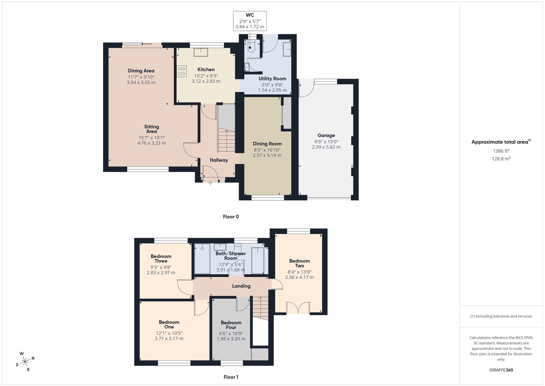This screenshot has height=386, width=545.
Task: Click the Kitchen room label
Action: click(206, 70)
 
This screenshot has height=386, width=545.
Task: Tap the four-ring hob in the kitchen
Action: click(181, 71)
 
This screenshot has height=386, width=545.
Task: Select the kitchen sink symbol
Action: click(201, 52)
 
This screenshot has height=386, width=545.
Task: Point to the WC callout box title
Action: click(250, 15)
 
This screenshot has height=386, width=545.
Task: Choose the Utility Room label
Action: click(272, 79)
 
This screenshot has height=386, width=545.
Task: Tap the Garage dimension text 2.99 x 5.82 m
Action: click(326, 147)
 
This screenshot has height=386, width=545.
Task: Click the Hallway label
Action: click(219, 160)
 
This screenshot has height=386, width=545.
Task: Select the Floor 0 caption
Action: click(231, 217)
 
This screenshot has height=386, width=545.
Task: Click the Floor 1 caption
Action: click(231, 377)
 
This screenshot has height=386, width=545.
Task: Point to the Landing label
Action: click(241, 286)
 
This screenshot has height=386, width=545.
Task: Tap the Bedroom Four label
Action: click(231, 325)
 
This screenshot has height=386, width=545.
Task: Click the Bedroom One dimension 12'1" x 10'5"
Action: click(169, 333)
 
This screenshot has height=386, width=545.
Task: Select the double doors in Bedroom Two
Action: click(298, 308)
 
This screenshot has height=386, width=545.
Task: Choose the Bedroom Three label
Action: click(161, 259)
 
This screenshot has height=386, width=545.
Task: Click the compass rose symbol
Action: click(25, 362)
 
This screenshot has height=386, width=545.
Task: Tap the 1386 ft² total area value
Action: click(501, 151)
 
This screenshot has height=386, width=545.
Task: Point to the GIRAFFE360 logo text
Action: click(501, 370)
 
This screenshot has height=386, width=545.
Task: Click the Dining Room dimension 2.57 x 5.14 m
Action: click(267, 155)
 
